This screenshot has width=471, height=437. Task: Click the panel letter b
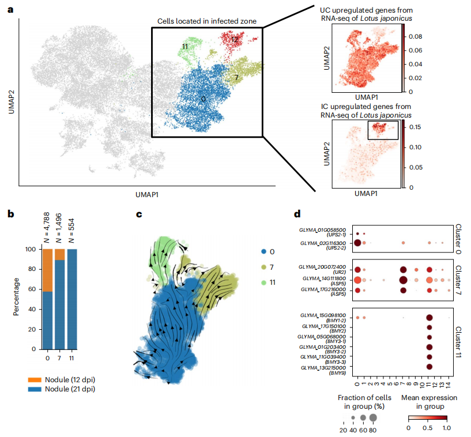10,214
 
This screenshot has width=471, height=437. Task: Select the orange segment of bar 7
59,255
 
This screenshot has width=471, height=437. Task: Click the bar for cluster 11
72,299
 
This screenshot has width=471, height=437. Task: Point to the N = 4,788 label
47,227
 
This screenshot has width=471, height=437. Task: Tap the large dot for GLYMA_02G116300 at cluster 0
357,243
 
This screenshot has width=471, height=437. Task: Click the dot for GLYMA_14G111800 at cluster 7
403,280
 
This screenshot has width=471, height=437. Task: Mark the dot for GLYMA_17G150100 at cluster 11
429,327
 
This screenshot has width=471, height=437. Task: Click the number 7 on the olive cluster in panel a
236,77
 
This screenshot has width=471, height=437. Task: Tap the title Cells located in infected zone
207,22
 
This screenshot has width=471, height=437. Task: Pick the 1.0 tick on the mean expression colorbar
446,427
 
